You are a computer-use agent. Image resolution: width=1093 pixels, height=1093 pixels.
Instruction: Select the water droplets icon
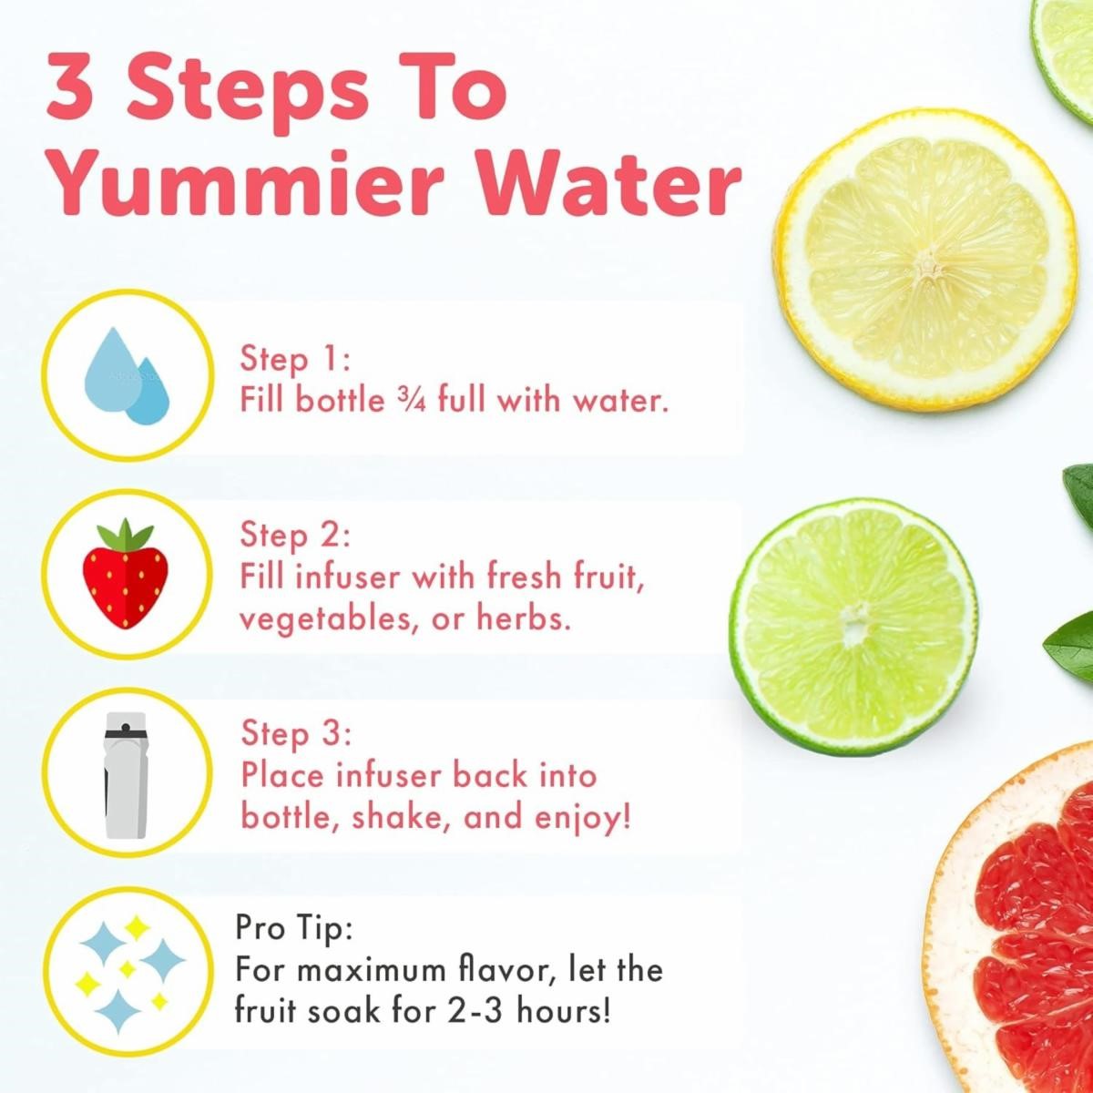[x=127, y=376]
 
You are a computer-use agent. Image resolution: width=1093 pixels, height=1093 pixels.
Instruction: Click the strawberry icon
[x=126, y=573]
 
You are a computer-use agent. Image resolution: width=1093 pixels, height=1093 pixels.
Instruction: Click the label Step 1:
[x=295, y=360]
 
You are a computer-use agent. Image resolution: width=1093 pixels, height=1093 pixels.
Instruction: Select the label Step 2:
[x=295, y=535]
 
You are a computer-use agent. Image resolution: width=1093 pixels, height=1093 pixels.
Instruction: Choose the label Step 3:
[x=296, y=733]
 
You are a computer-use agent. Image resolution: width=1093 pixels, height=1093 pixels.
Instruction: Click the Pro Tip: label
[x=294, y=929]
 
